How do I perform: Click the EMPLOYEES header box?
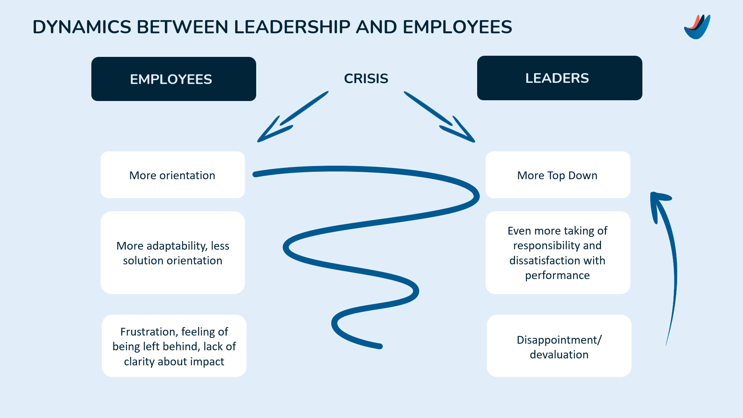(x=174, y=79)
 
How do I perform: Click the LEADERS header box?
(x=560, y=78)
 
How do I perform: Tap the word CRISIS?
(x=366, y=79)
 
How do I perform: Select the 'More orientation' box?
(x=173, y=175)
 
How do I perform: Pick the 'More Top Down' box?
(x=558, y=175)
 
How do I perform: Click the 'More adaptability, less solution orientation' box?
(x=173, y=253)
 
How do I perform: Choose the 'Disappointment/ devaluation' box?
(x=559, y=346)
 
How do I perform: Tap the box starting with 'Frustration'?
(x=174, y=346)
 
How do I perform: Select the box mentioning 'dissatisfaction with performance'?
(x=558, y=253)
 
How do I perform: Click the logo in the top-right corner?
(x=697, y=27)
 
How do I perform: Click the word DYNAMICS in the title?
(x=82, y=27)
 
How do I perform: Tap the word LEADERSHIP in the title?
(x=292, y=27)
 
